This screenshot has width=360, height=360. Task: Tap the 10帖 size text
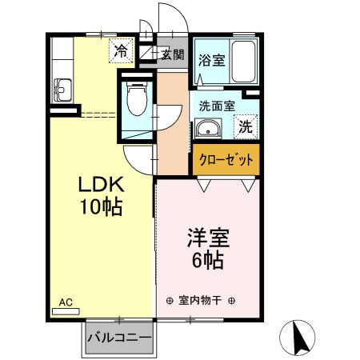point(99,207)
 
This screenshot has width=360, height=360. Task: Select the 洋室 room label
point(208,238)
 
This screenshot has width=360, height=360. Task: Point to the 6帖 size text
point(208,260)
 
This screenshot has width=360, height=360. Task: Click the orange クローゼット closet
point(225,160)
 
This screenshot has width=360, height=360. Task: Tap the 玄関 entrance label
point(172,55)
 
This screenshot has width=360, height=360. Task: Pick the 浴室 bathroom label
point(211,58)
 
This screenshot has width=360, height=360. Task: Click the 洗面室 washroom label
point(216,105)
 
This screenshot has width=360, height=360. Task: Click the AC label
point(66,302)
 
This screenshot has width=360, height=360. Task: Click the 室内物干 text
point(199,302)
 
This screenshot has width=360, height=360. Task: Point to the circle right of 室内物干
point(231,302)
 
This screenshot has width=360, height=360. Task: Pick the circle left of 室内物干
point(168,302)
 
